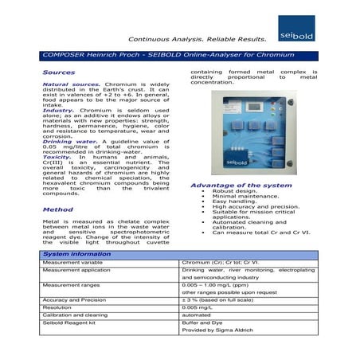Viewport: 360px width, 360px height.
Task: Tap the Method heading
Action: point(57,209)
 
